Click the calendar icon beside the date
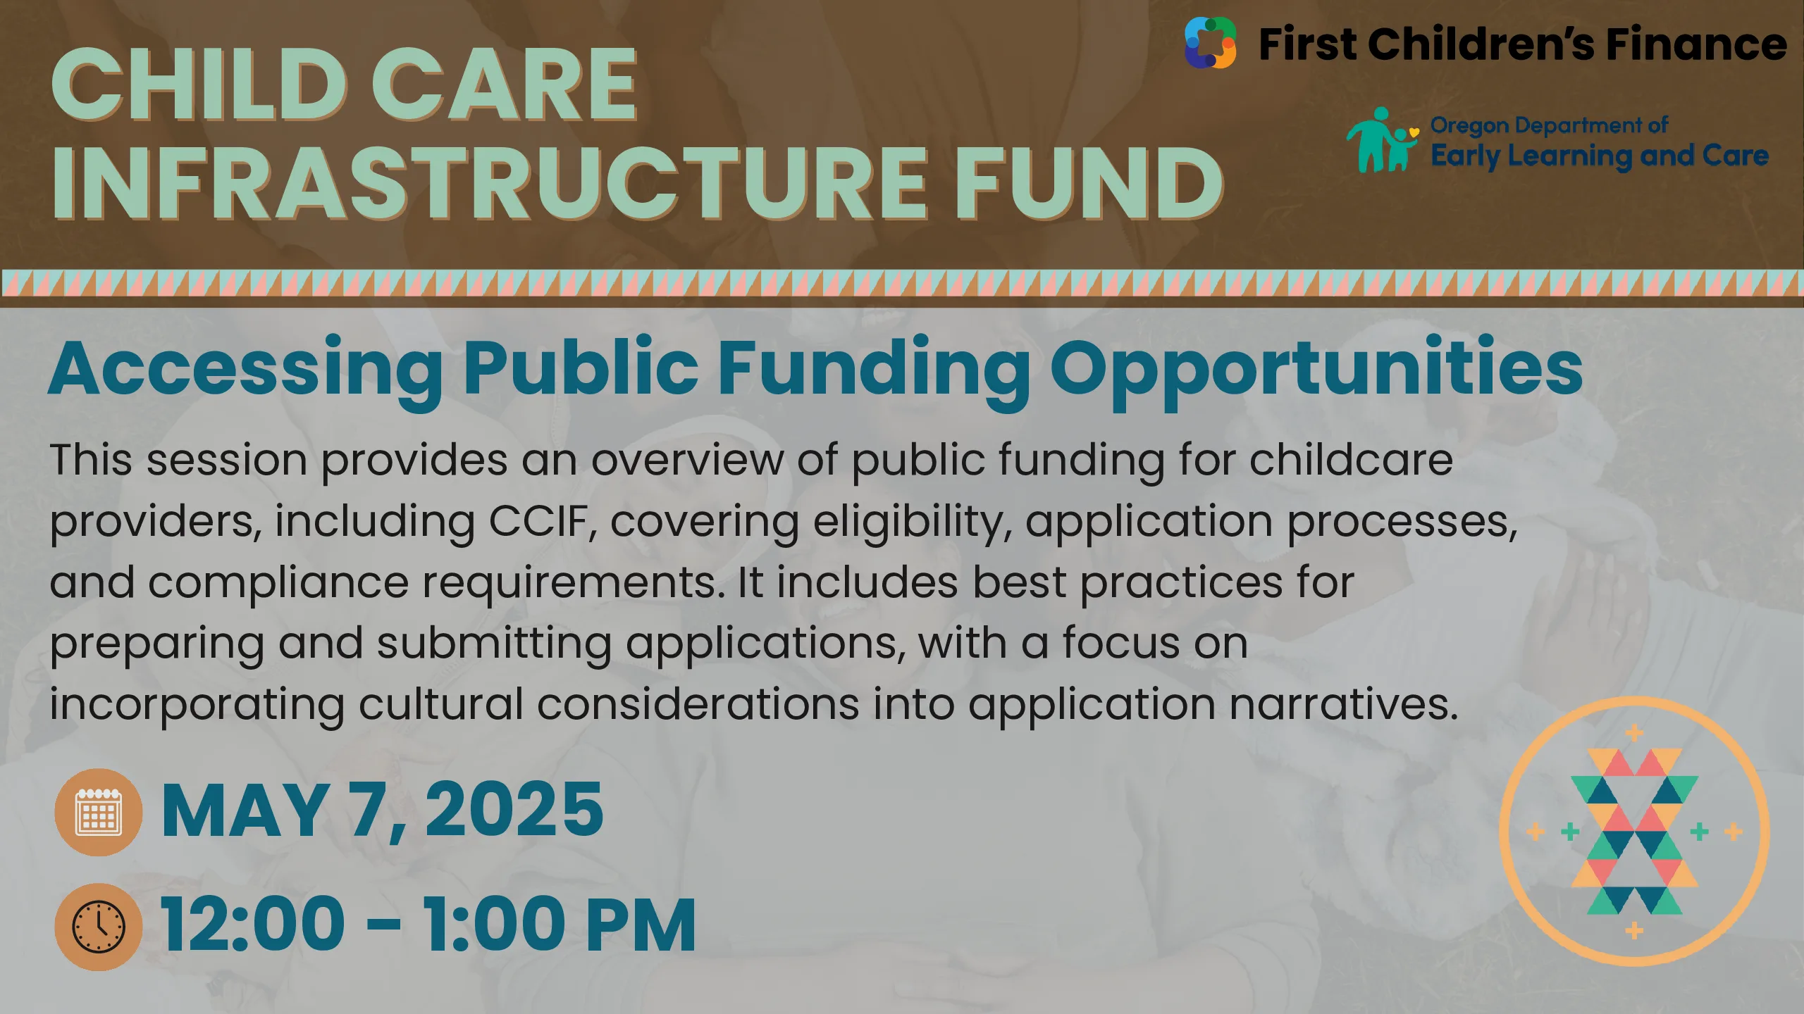tap(99, 812)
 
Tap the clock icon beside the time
tap(99, 927)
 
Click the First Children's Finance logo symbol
tap(1210, 43)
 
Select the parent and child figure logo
tap(1382, 139)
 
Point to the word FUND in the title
tap(1089, 184)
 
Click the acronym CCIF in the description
tap(538, 521)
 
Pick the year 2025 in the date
tap(514, 810)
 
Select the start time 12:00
tap(253, 925)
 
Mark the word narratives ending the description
tap(1344, 704)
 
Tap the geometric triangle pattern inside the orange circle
tap(1635, 832)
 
